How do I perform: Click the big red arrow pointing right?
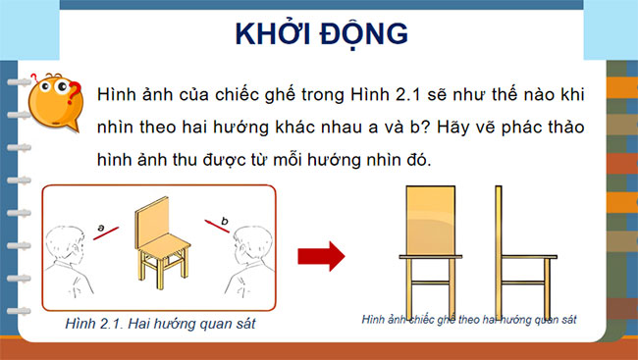tap(321, 257)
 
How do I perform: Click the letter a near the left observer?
tap(102, 227)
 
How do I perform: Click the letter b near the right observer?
tap(224, 222)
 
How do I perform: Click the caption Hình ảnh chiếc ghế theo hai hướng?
tap(468, 320)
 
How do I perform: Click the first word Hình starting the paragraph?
tap(118, 93)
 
